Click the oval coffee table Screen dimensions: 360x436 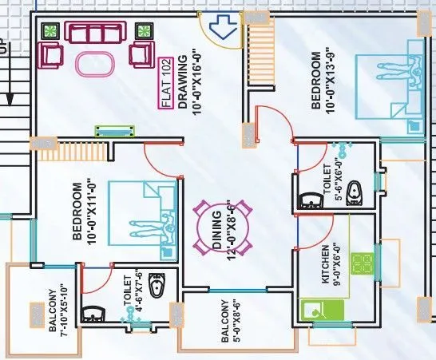tap(97, 63)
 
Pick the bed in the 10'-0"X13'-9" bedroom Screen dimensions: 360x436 tap(390, 81)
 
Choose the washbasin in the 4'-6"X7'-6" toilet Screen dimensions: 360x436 tap(95, 312)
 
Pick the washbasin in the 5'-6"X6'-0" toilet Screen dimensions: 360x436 tap(308, 200)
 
